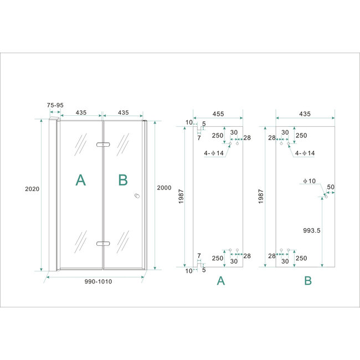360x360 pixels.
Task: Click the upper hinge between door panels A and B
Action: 102,145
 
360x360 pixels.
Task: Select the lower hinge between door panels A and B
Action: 102,243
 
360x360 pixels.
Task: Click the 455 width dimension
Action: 218,114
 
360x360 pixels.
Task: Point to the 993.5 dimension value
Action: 310,230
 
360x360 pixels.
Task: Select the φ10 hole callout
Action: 308,181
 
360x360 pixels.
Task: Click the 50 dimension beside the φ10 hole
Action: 331,187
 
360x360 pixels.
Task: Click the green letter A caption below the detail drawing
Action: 220,281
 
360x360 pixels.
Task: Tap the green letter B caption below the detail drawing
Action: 307,281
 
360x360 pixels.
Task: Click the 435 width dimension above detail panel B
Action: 305,114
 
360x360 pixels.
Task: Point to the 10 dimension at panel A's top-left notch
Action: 189,122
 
